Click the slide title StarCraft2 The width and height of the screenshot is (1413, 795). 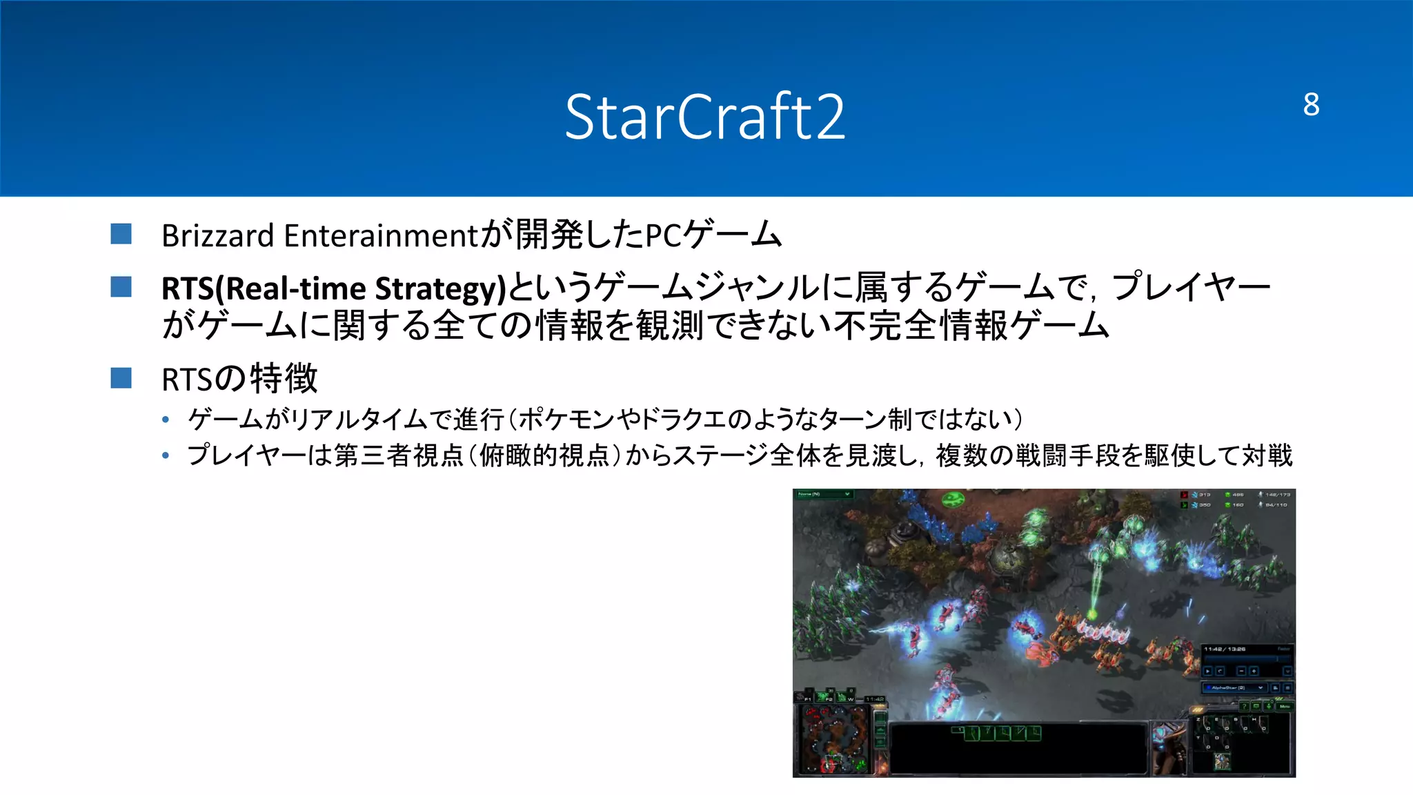(x=704, y=117)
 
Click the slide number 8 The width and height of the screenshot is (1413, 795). (x=1311, y=105)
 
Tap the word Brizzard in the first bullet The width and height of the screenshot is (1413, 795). (x=218, y=236)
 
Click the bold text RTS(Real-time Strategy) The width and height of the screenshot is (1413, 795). (x=334, y=288)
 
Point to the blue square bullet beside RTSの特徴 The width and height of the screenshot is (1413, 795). (x=121, y=378)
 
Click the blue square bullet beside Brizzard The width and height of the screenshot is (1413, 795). (x=121, y=234)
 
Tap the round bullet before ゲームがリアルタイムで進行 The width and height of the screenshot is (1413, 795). (x=166, y=419)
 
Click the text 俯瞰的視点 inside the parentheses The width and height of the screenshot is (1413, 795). (x=545, y=455)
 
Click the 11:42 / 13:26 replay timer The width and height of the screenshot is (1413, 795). (x=1225, y=649)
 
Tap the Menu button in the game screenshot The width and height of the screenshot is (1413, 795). (x=1285, y=706)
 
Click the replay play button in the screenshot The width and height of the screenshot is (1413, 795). (x=1208, y=671)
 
